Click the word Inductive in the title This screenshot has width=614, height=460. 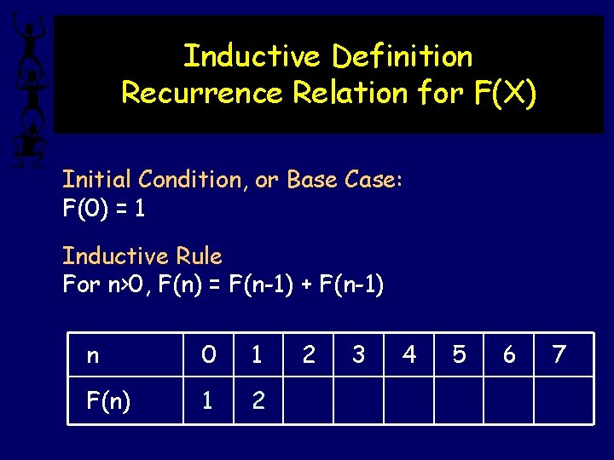(x=253, y=56)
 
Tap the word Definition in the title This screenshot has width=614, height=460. (x=402, y=56)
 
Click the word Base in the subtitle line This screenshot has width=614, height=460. (x=315, y=180)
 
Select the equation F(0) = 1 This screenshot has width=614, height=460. (x=103, y=209)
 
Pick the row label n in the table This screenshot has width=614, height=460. (x=92, y=354)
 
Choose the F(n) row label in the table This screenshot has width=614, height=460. (x=108, y=400)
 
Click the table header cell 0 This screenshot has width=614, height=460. (x=207, y=354)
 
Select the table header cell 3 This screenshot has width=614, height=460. (x=358, y=354)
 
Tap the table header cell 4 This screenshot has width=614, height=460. (x=409, y=354)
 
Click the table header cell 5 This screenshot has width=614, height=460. (x=459, y=354)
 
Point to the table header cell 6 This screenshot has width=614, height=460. (x=509, y=354)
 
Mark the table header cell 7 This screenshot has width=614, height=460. (x=559, y=354)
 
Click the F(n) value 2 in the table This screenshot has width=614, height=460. (x=258, y=400)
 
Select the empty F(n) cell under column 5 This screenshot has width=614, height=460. (x=459, y=400)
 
